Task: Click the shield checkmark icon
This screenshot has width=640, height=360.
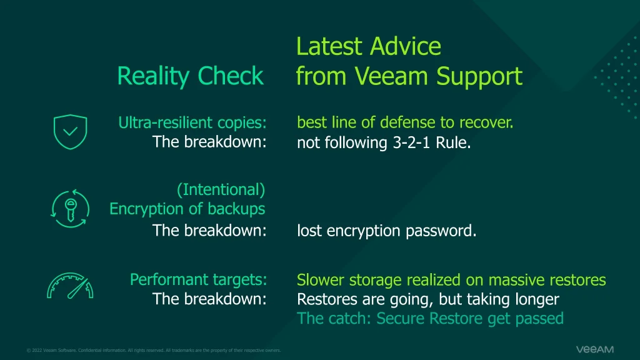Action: coord(70,132)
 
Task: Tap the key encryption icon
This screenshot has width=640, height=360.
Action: coord(70,209)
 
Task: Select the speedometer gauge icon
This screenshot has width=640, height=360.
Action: coord(70,286)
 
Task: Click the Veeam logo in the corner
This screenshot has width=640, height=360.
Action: coord(595,349)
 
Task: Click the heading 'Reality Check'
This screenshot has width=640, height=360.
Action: coord(190,76)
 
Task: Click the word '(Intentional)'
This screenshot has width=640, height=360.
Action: coord(221,190)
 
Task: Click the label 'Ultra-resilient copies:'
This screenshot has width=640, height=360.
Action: coord(192,122)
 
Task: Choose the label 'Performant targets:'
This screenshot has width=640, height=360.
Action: coord(198,279)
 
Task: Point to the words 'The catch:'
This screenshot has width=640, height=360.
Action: coord(334,318)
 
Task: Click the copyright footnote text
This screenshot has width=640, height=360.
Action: coord(154,350)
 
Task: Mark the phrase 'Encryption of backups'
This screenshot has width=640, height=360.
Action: coord(187,209)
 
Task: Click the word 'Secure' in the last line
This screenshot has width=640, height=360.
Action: coord(401,318)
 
